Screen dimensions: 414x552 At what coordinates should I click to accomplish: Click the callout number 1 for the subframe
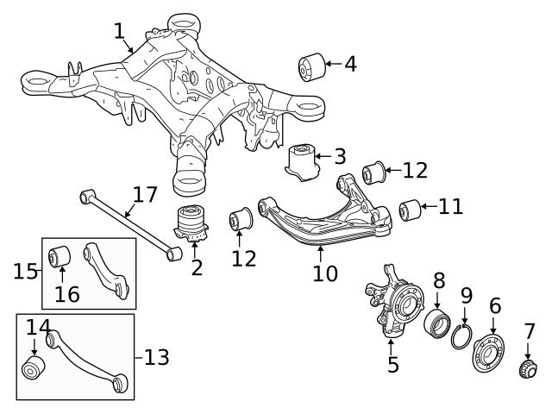[119, 31]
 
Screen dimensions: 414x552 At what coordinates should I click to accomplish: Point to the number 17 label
[145, 195]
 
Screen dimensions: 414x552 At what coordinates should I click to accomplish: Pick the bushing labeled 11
[409, 209]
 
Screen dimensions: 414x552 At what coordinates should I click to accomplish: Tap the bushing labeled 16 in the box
[60, 256]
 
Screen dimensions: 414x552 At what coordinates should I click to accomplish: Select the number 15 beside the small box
[25, 272]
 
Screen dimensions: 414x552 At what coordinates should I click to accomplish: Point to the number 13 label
[156, 356]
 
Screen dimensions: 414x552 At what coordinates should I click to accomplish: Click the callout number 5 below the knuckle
[392, 364]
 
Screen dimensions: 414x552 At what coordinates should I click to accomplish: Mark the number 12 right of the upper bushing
[414, 169]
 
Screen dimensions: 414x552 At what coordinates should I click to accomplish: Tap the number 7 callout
[529, 331]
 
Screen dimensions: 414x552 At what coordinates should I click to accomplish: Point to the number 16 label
[66, 294]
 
